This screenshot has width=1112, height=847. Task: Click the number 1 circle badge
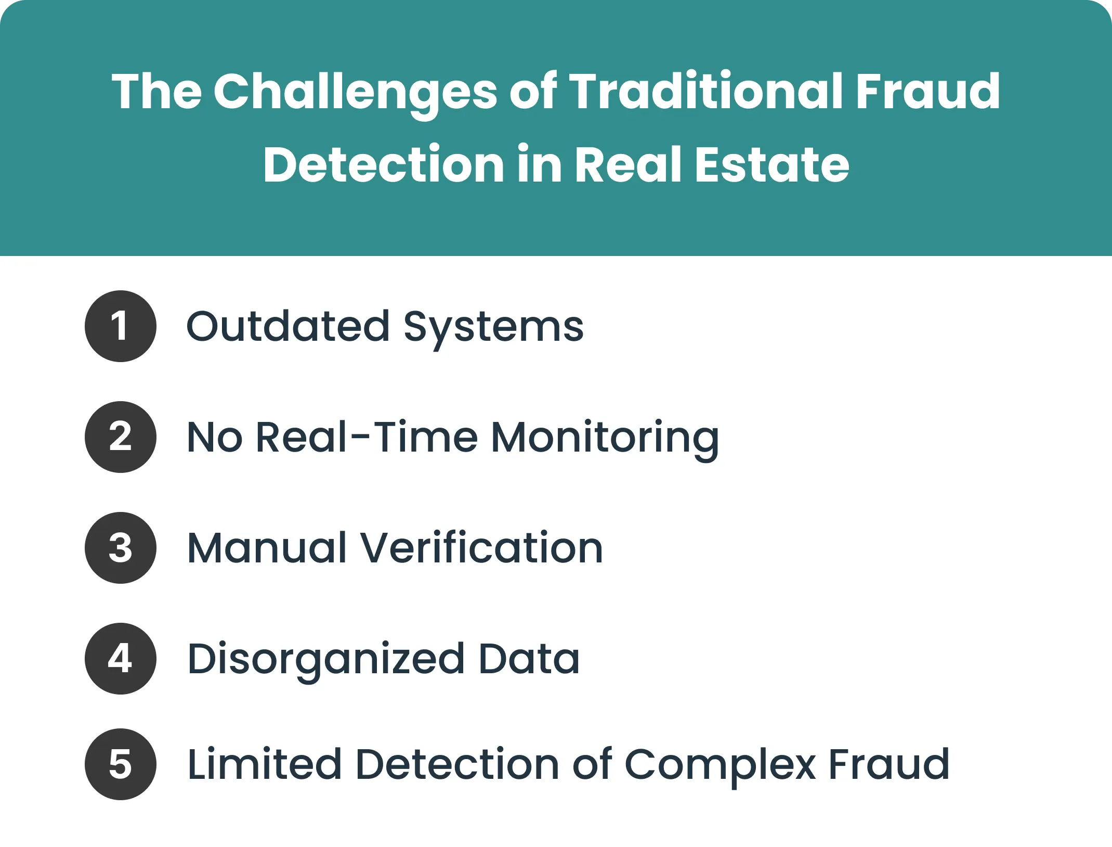[x=120, y=326]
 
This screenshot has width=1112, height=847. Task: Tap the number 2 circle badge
[x=120, y=437]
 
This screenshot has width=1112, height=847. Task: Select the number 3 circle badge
[x=120, y=548]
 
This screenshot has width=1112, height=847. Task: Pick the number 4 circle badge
[x=120, y=659]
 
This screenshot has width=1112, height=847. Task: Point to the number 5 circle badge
[x=120, y=764]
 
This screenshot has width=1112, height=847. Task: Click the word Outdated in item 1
[x=288, y=327]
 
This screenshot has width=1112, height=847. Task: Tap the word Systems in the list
[x=493, y=328]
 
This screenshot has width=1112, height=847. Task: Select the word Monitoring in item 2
[x=605, y=438]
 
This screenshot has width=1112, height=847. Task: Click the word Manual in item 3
[x=267, y=548]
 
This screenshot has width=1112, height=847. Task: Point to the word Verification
[x=481, y=548]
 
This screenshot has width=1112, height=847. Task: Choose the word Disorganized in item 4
[x=326, y=660]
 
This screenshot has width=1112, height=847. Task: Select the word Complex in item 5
[x=720, y=765]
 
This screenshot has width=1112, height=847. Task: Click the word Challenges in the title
[x=356, y=93]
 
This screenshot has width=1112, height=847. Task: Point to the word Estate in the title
[x=772, y=165]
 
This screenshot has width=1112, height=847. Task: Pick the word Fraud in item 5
[x=888, y=764]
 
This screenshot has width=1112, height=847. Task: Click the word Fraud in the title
[x=927, y=92]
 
